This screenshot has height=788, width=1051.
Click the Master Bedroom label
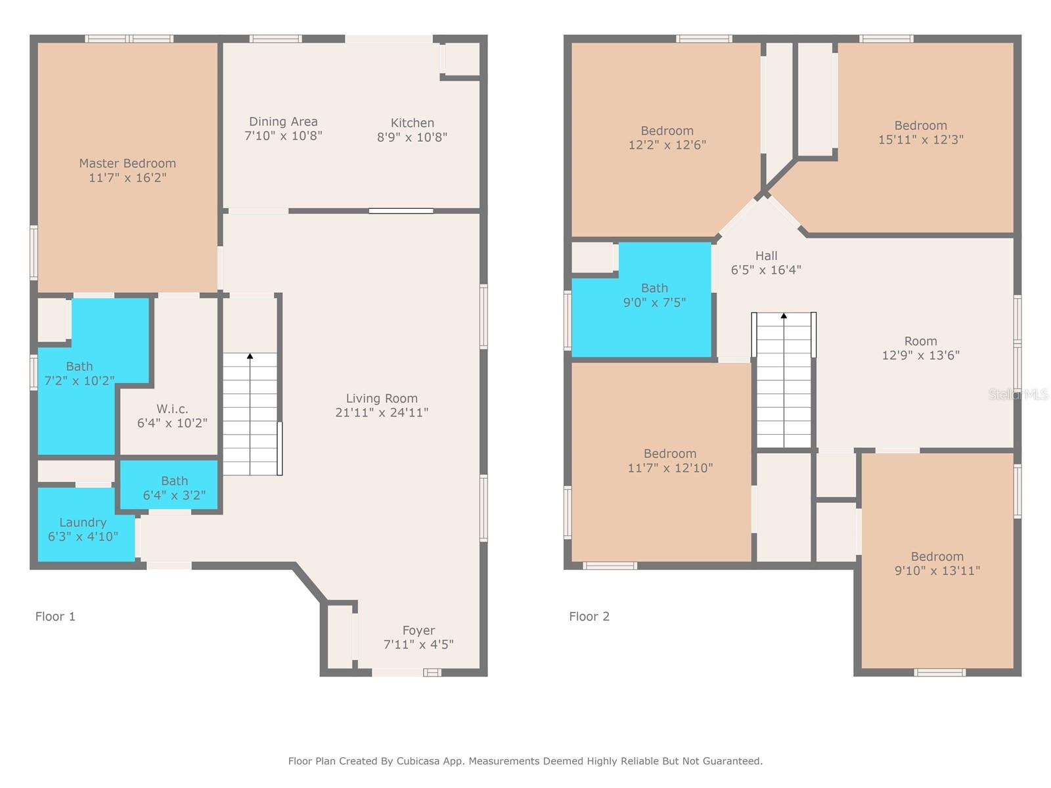pyautogui.click(x=127, y=164)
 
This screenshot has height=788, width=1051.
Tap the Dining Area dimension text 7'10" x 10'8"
pyautogui.click(x=283, y=136)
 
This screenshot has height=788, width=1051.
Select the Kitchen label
pyautogui.click(x=412, y=123)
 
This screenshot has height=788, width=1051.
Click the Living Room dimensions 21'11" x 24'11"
pyautogui.click(x=382, y=412)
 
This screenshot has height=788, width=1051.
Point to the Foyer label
pyautogui.click(x=418, y=630)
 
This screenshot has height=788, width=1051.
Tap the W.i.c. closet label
pyautogui.click(x=172, y=409)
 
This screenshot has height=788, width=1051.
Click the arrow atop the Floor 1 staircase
pyautogui.click(x=250, y=357)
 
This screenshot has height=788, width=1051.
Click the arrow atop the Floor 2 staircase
pyautogui.click(x=784, y=316)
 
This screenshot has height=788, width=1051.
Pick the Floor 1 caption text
pyautogui.click(x=55, y=617)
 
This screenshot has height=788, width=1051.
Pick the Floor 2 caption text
pyautogui.click(x=589, y=617)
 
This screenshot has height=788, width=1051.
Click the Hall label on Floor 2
pyautogui.click(x=766, y=256)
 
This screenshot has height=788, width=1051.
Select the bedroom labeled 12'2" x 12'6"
pyautogui.click(x=667, y=138)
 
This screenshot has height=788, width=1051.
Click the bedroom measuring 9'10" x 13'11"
pyautogui.click(x=937, y=563)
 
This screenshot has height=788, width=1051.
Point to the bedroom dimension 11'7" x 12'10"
pyautogui.click(x=670, y=468)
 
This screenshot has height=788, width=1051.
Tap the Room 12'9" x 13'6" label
pyautogui.click(x=920, y=348)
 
